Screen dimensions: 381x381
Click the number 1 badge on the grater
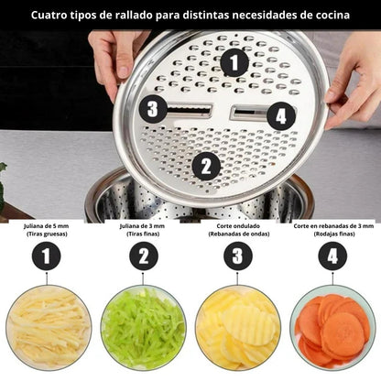[x=234, y=62]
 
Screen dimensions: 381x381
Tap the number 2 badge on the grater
[x=206, y=167]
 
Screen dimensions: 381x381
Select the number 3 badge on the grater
[x=153, y=109]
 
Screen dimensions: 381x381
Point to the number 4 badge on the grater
[x=281, y=116]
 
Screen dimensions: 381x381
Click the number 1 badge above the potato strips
[x=46, y=256]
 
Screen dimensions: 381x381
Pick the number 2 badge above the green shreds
[x=144, y=256]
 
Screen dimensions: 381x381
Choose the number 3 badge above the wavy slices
[x=238, y=256]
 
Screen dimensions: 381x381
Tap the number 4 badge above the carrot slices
[x=332, y=256]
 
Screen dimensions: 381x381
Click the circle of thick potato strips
[x=49, y=328]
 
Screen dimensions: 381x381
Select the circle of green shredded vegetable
[x=143, y=328]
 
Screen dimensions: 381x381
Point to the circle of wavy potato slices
[x=238, y=328]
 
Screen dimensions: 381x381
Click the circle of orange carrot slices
[x=332, y=328]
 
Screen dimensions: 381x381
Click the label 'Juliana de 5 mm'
[x=47, y=226]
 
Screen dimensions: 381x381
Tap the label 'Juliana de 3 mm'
[x=142, y=226]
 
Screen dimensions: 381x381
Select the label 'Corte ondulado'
[x=238, y=226]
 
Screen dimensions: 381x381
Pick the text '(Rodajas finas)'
[x=334, y=234]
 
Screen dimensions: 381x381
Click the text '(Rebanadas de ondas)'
[x=239, y=234]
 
